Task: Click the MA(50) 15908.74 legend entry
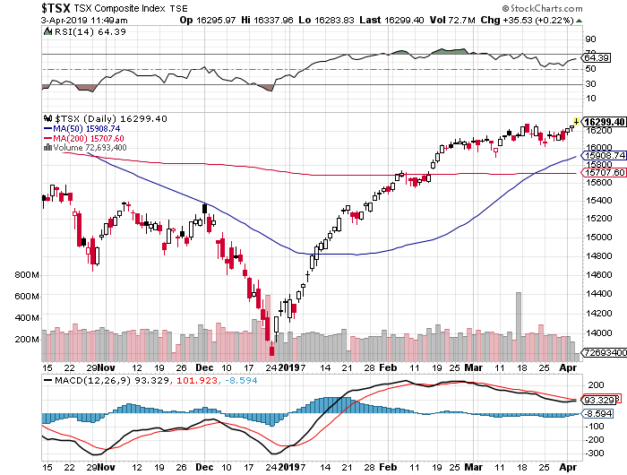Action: click(x=90, y=128)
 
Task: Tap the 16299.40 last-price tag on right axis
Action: click(x=604, y=121)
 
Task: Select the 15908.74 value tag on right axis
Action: click(x=604, y=156)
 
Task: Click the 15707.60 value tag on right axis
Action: click(x=604, y=174)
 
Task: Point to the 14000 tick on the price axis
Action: click(x=597, y=332)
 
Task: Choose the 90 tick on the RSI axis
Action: click(x=590, y=39)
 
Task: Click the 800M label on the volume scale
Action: click(x=27, y=275)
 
